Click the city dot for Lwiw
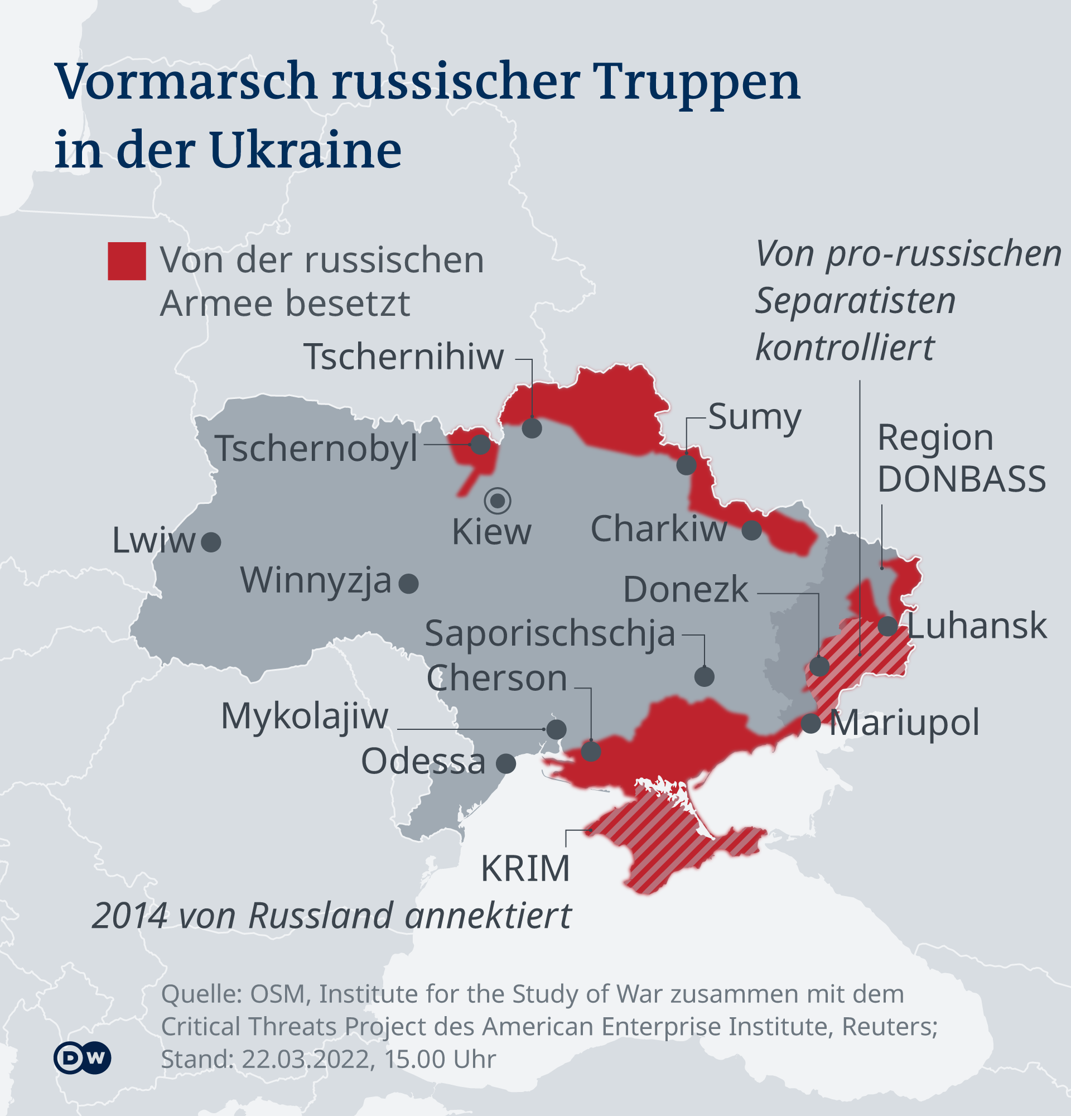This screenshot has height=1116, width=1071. [x=211, y=542]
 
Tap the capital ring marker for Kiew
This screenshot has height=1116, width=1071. [x=498, y=501]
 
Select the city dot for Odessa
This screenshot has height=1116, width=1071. [x=506, y=763]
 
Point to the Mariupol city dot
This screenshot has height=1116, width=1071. [x=811, y=724]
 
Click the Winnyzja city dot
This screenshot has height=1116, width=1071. [x=408, y=584]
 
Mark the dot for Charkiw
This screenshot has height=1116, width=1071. [x=752, y=530]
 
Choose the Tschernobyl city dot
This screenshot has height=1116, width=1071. [x=480, y=444]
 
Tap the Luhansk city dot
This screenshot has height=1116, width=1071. [x=887, y=626]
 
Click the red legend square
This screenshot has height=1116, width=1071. [x=127, y=261]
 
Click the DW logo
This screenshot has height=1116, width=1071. [x=83, y=1058]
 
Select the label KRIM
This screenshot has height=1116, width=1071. [x=525, y=869]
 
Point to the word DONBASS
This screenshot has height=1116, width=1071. [x=961, y=479]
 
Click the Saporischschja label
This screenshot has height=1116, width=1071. [x=550, y=634]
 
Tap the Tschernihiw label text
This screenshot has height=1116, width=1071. [x=403, y=357]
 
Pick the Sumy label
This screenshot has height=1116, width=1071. [x=755, y=417]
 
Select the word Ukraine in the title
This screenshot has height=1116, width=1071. [x=306, y=150]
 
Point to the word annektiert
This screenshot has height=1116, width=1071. [x=488, y=916]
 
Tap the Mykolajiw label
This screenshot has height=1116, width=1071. [x=305, y=716]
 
